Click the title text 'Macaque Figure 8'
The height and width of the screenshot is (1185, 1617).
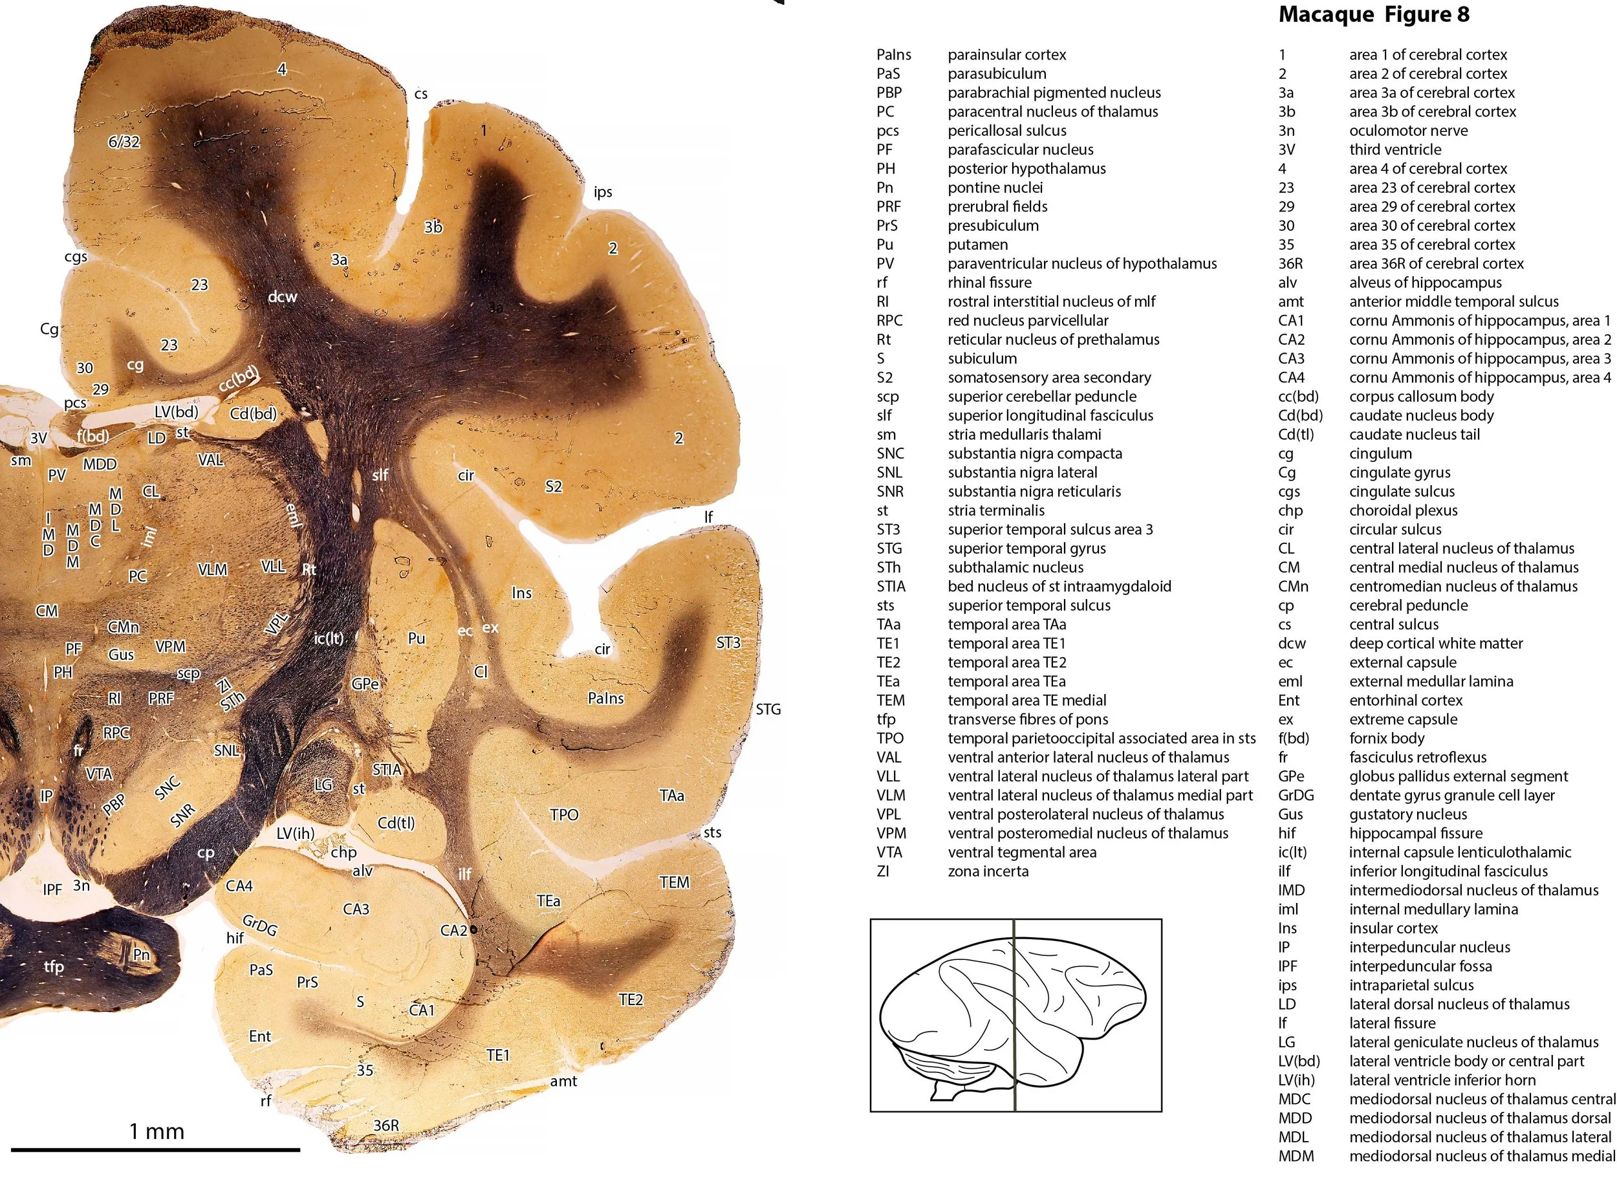(x=1373, y=14)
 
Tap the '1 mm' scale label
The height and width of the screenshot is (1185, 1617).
(x=157, y=1131)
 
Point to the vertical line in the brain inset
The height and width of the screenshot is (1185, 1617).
(x=1014, y=1015)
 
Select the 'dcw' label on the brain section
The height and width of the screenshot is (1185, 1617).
(x=282, y=296)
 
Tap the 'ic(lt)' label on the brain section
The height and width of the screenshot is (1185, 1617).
(x=329, y=638)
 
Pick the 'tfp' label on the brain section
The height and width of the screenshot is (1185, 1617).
(x=54, y=966)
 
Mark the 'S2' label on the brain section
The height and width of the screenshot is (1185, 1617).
(x=554, y=486)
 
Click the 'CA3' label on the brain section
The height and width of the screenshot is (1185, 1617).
(x=356, y=909)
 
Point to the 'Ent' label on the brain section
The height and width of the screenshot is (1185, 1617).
(x=259, y=1036)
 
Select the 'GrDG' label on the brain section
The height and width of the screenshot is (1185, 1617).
(x=259, y=926)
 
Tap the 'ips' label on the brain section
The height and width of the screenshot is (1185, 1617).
(x=602, y=191)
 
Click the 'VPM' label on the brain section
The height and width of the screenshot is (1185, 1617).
(x=171, y=647)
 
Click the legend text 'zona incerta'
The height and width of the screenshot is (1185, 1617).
(x=988, y=871)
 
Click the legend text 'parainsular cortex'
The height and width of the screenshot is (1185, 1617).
(x=1007, y=54)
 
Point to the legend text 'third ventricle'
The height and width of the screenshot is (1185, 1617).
(x=1395, y=149)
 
